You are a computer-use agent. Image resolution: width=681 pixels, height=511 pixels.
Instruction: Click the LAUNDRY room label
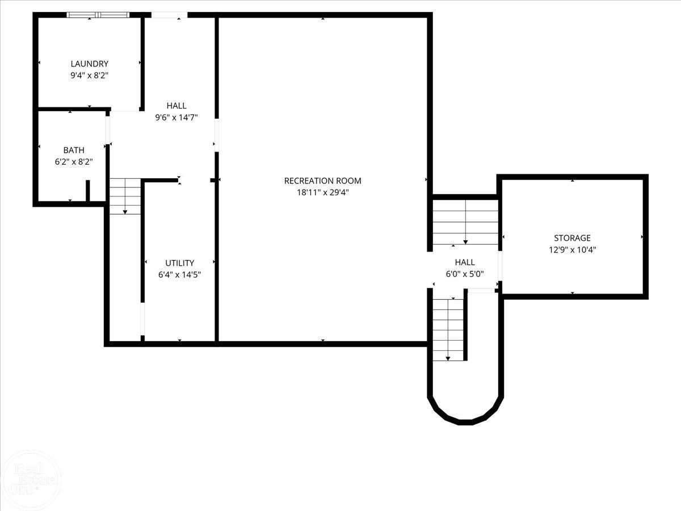tap(89, 64)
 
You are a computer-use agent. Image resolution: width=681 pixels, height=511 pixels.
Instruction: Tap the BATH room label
tap(74, 150)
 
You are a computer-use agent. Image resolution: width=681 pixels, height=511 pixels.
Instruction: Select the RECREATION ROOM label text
tap(322, 181)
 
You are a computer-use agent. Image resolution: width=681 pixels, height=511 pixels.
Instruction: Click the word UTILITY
tap(179, 263)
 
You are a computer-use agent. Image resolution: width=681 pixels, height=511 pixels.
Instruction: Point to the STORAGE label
tap(572, 238)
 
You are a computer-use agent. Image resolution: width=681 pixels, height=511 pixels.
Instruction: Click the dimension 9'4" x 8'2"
tap(89, 75)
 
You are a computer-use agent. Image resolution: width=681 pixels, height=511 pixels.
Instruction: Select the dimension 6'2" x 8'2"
tap(74, 161)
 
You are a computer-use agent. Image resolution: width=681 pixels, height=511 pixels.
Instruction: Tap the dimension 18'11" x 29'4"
tap(322, 192)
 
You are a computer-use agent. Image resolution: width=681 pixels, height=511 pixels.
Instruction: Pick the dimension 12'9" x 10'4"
tap(572, 249)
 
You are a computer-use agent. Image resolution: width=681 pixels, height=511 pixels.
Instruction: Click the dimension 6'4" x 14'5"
tap(179, 274)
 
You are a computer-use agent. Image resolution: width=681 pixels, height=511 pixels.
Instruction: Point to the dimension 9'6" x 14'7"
tap(176, 118)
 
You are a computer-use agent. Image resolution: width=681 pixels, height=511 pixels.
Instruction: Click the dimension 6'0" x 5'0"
tap(464, 273)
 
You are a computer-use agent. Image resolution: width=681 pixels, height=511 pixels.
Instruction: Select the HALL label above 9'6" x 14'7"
tap(176, 106)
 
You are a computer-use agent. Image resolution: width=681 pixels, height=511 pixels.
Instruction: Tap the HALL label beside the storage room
tap(464, 262)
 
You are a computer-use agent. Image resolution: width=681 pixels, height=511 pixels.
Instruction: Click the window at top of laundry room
tap(98, 15)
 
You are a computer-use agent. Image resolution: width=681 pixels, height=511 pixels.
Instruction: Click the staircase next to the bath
tap(125, 196)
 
